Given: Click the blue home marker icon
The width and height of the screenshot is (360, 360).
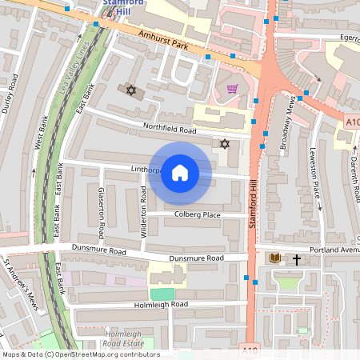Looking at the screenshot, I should click(x=180, y=173).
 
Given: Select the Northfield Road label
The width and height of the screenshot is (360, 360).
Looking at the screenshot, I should click(x=170, y=129).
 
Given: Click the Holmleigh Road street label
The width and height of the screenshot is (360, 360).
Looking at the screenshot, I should click(x=161, y=305).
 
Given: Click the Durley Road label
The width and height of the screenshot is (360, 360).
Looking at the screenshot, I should click(x=12, y=94).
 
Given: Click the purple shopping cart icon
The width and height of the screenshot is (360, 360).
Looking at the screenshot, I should click(x=232, y=89).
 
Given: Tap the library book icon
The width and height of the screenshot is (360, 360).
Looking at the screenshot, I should click(x=275, y=258).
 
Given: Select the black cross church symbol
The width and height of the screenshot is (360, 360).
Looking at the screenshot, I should click(x=297, y=259).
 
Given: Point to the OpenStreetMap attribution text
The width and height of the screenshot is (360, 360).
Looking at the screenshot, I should click(x=80, y=354).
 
